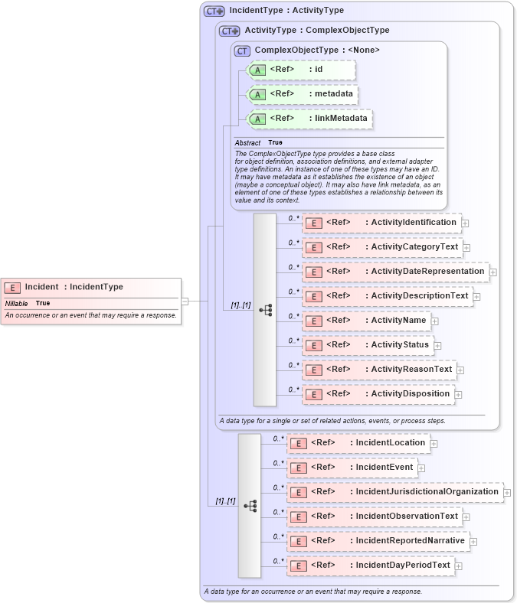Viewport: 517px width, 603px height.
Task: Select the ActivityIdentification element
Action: point(381,223)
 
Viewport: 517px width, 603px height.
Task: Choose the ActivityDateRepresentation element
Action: point(395,272)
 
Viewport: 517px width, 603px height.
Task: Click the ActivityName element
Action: point(367,321)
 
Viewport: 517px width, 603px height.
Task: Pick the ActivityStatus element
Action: point(368,345)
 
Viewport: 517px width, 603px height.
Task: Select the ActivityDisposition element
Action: point(378,394)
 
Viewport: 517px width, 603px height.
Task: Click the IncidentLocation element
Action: point(358,443)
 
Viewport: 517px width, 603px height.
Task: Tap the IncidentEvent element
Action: point(352,468)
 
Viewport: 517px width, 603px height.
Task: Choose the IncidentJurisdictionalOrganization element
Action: point(394,492)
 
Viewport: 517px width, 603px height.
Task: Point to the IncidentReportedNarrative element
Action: point(378,541)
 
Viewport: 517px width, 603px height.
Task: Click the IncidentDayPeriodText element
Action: point(371,566)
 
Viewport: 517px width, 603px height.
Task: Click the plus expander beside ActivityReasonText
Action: point(461,370)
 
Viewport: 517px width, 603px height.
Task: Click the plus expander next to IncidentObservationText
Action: point(467,517)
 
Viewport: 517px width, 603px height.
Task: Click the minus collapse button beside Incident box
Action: point(185,301)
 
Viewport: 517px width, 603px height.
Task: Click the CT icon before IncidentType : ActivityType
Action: point(214,11)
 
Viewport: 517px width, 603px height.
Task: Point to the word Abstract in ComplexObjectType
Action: point(247,143)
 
